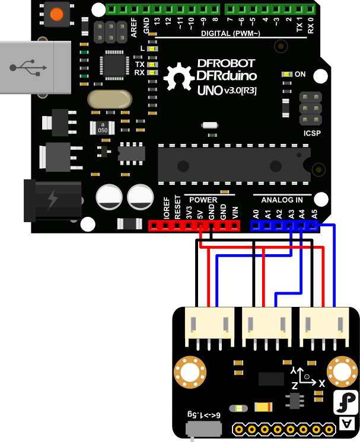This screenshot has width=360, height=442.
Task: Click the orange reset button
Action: pyautogui.click(x=58, y=14)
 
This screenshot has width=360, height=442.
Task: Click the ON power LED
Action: pyautogui.click(x=288, y=74)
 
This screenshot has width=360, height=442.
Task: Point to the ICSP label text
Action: pyautogui.click(x=311, y=133)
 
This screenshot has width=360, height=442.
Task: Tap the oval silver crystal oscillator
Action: pyautogui.click(x=109, y=100)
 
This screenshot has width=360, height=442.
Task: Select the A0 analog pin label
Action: pyautogui.click(x=256, y=214)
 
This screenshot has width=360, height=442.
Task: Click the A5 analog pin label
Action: pyautogui.click(x=314, y=214)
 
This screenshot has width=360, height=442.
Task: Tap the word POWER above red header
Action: pyautogui.click(x=203, y=200)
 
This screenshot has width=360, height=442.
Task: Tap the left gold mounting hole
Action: pyautogui.click(x=189, y=372)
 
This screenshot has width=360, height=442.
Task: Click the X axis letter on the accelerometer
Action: pyautogui.click(x=322, y=383)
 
